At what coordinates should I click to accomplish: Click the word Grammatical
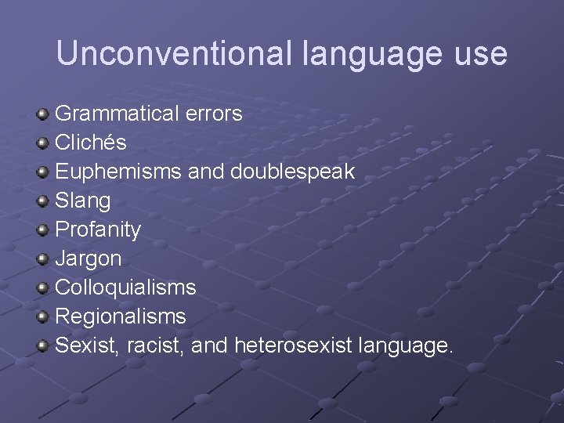pyautogui.click(x=117, y=114)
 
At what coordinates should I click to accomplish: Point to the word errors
pyautogui.click(x=214, y=114)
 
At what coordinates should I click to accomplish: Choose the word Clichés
pyautogui.click(x=91, y=143)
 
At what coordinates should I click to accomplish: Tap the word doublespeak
pyautogui.click(x=292, y=172)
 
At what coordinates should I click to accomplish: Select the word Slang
pyautogui.click(x=83, y=201)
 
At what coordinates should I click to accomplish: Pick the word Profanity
pyautogui.click(x=98, y=230)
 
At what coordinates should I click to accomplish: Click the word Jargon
pyautogui.click(x=88, y=259)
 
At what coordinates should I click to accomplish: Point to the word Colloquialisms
pyautogui.click(x=125, y=287)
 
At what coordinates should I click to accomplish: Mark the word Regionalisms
pyautogui.click(x=121, y=316)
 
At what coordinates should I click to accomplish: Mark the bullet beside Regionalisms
pyautogui.click(x=43, y=317)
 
